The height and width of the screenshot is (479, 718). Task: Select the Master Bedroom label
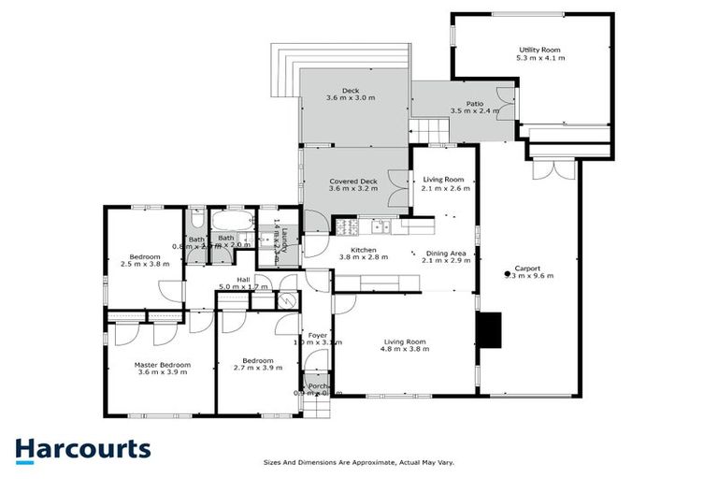point(162,364)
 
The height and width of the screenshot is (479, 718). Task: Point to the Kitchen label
point(363,250)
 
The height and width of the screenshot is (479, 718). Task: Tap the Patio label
point(475,104)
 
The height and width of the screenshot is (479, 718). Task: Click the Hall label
point(241,278)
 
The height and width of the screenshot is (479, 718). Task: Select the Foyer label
point(317,333)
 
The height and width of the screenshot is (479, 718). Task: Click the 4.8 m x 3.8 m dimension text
point(406,350)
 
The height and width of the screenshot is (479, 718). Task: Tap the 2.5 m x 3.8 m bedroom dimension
point(146,265)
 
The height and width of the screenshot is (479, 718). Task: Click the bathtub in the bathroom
point(229,222)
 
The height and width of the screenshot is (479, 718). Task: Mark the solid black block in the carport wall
point(489,329)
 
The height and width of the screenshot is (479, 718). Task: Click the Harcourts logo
point(82,449)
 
